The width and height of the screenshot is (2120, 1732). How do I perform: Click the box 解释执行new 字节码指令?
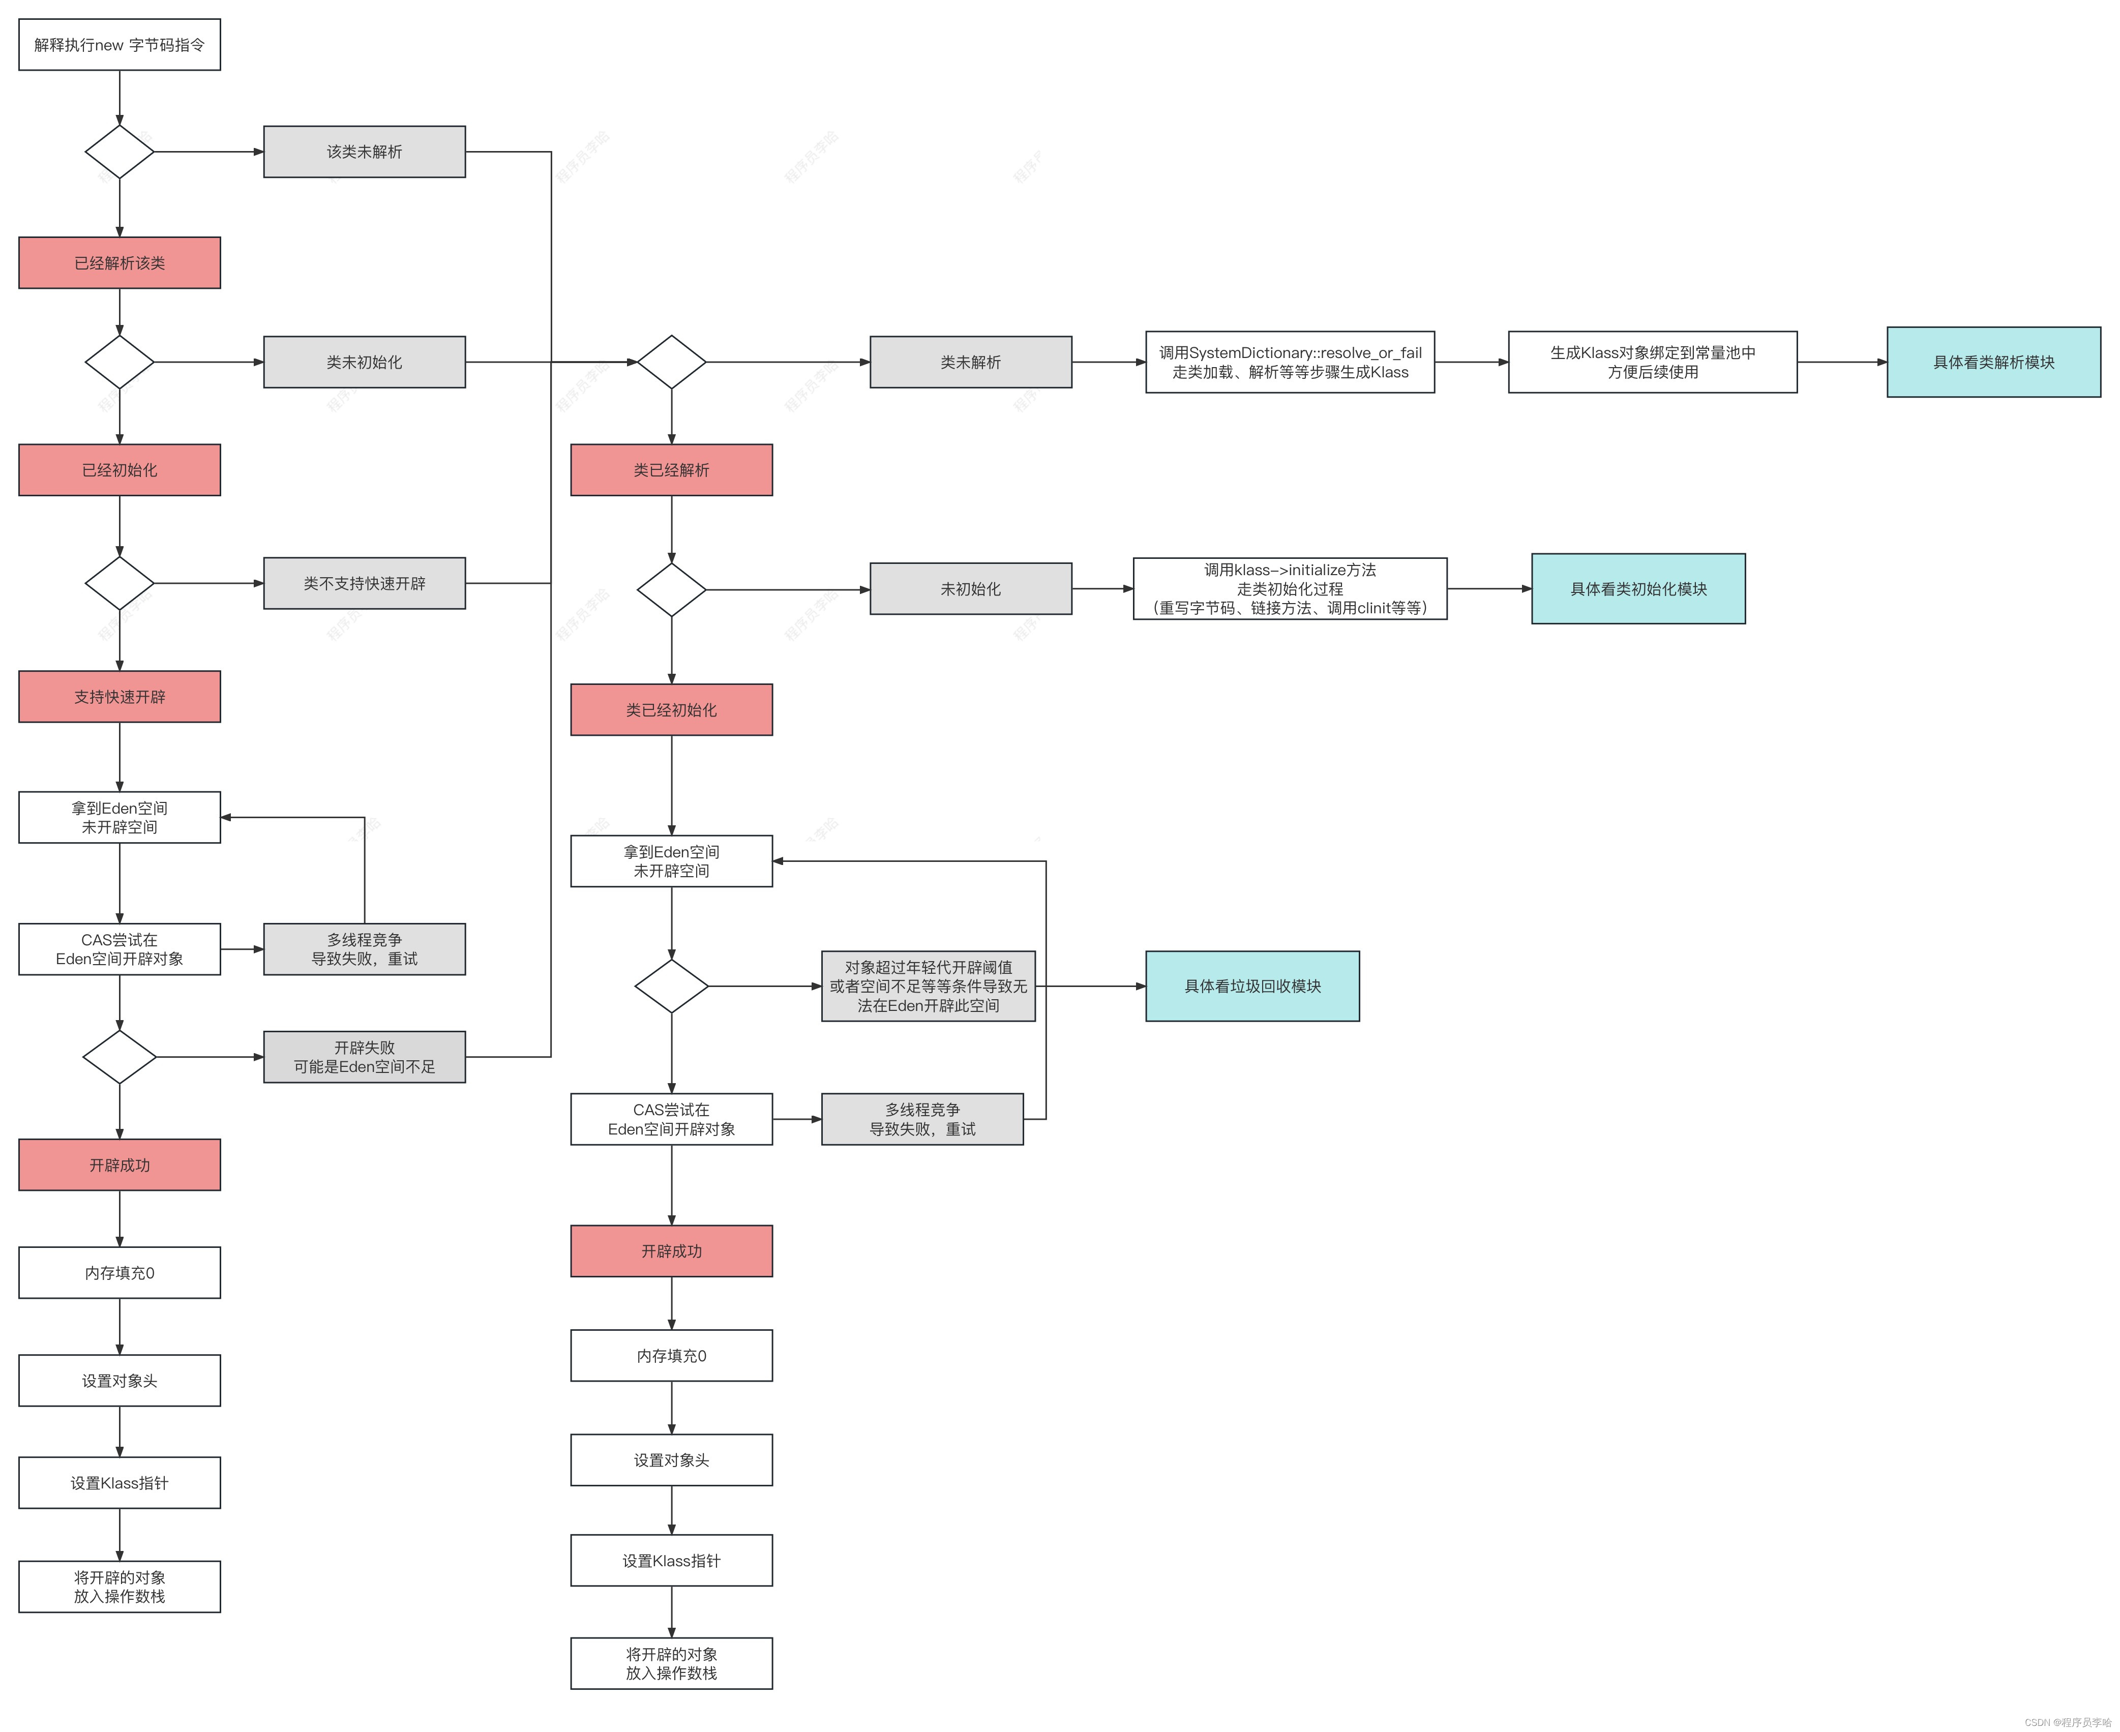pos(120,45)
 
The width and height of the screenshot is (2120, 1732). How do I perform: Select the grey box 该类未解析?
pos(364,152)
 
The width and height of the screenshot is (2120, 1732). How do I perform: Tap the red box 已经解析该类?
pos(120,262)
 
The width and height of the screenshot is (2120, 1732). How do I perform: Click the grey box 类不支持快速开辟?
pos(364,583)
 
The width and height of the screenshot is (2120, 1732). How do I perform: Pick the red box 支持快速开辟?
pos(120,696)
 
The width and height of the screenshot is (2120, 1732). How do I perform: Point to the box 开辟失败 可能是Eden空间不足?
pos(364,1057)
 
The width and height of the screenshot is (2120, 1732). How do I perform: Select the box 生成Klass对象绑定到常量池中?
pos(1652,362)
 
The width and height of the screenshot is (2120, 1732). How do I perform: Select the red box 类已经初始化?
pos(671,709)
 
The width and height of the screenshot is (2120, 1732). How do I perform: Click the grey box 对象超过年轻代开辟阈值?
pos(928,986)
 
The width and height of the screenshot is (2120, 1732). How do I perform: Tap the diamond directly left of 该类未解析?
pos(120,152)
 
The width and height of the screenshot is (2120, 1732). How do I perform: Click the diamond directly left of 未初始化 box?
pos(671,590)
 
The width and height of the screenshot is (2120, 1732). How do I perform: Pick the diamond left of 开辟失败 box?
pos(120,1057)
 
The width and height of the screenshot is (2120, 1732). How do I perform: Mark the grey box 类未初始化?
pos(364,362)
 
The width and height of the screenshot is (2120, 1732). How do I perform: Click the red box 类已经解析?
pos(671,470)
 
